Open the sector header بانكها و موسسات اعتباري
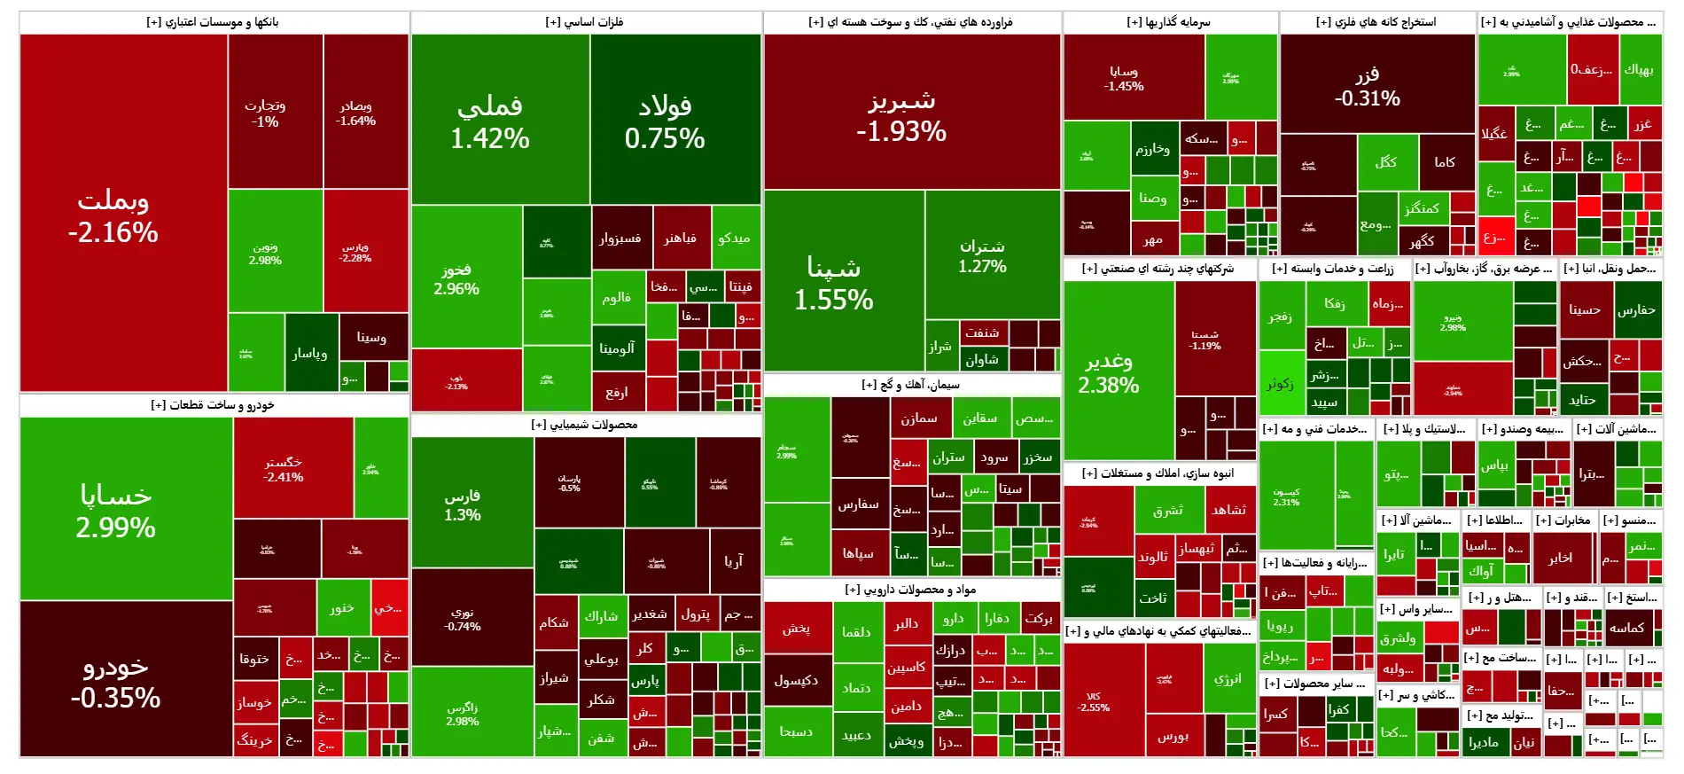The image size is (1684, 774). [213, 22]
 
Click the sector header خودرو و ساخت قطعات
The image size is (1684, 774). [213, 405]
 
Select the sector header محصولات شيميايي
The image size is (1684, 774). [585, 425]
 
